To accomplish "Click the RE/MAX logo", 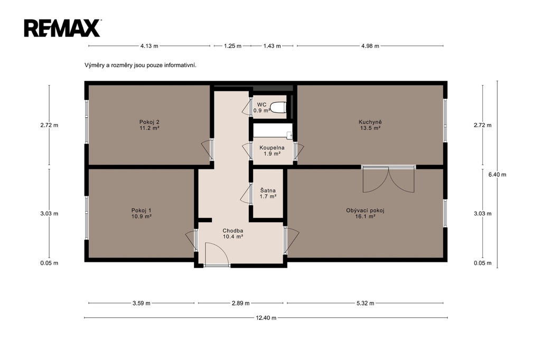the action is pos(62,28).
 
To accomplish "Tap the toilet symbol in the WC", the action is pos(278,107).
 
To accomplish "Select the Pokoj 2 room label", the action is pos(149,125).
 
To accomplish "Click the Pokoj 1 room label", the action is pos(142,213).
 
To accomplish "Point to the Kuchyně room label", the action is pos(370,125).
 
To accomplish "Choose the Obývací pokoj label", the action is pos(365,213).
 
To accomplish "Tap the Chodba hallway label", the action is pos(233,233).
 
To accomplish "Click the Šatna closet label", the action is pos(268,193).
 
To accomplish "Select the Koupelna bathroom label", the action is pos(272,150).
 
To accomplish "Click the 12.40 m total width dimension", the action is pos(266,318).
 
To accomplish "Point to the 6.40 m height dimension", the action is pos(497,175).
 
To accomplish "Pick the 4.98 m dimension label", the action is pos(370,46).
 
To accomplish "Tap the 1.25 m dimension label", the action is pos(232,46).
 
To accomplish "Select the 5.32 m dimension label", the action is pos(365,304).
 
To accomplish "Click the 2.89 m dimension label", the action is pos(240,304).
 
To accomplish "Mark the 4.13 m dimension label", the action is pos(149,46).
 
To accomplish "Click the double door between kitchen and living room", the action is pos(388,178).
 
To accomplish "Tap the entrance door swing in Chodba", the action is pos(216,254).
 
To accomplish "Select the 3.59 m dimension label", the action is pos(142,304).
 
